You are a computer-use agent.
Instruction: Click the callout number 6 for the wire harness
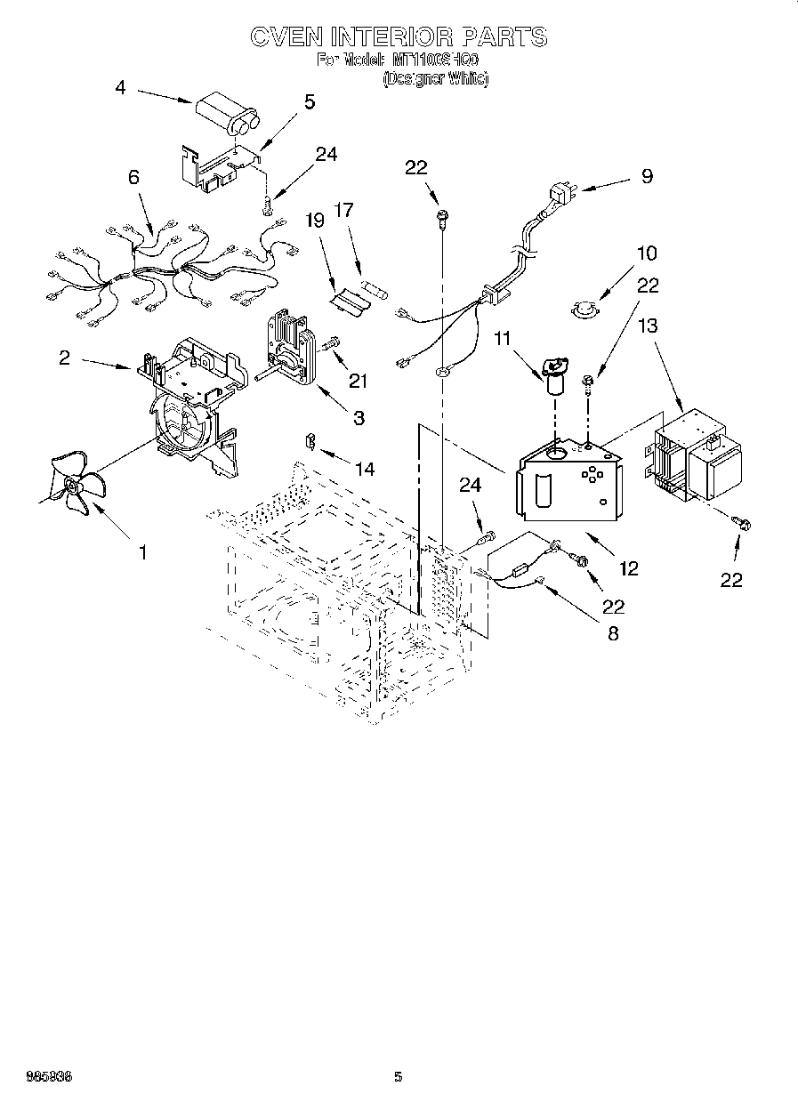point(133,178)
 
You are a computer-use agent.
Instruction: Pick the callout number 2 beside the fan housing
point(64,358)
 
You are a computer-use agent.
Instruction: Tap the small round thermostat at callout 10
point(584,309)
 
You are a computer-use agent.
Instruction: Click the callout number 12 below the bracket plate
point(629,567)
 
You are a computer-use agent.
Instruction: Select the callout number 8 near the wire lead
point(611,634)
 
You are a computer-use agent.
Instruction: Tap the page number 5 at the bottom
point(399,1077)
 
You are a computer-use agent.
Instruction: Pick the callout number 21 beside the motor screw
point(358,381)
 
